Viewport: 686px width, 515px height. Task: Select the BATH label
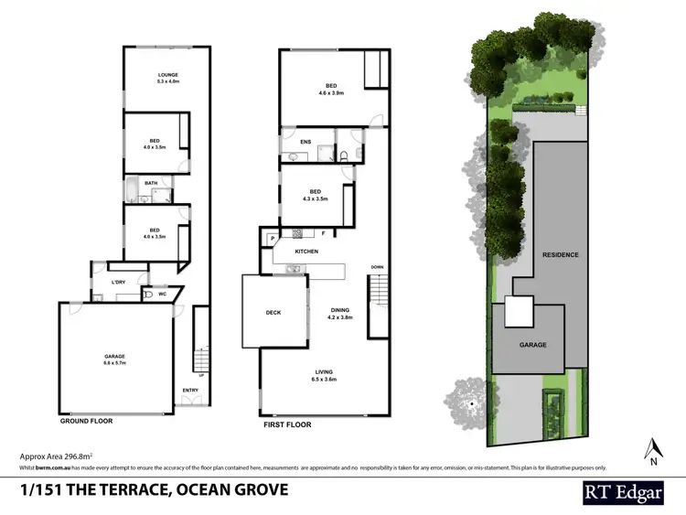point(151,182)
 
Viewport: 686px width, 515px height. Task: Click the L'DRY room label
point(118,282)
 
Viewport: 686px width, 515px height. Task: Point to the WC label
point(162,294)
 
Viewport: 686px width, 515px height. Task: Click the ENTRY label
point(190,391)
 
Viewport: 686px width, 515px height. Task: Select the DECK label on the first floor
point(273,313)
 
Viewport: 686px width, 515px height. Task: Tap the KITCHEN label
point(305,251)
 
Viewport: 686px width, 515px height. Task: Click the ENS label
point(305,142)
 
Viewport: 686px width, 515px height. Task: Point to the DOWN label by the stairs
point(377,267)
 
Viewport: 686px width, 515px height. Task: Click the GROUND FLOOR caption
point(87,424)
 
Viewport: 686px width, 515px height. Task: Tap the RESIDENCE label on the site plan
point(560,254)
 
